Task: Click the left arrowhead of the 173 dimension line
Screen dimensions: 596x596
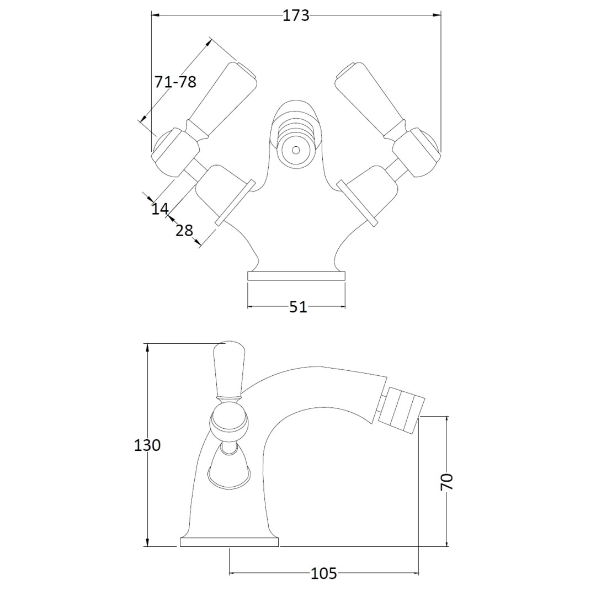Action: pyautogui.click(x=156, y=15)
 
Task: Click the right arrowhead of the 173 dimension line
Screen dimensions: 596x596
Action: pyautogui.click(x=437, y=15)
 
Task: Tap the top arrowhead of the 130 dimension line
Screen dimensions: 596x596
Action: pyautogui.click(x=147, y=348)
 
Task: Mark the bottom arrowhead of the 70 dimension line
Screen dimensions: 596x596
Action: pyautogui.click(x=447, y=542)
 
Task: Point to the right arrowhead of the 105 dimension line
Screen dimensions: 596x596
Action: pyautogui.click(x=414, y=573)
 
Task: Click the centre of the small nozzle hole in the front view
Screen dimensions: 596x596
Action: pyautogui.click(x=295, y=150)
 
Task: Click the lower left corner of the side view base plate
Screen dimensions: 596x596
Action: pyautogui.click(x=180, y=546)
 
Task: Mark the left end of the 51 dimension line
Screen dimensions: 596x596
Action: pyautogui.click(x=248, y=306)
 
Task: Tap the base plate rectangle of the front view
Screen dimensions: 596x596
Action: pyautogui.click(x=296, y=276)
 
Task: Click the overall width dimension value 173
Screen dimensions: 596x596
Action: pyautogui.click(x=296, y=15)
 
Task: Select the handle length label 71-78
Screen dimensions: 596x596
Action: pyautogui.click(x=175, y=82)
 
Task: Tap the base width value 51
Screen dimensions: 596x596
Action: pyautogui.click(x=297, y=307)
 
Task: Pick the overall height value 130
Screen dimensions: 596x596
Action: pyautogui.click(x=147, y=445)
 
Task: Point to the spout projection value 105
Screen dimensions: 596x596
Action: pyautogui.click(x=324, y=573)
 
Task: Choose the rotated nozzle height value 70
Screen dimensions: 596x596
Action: pyautogui.click(x=447, y=482)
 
